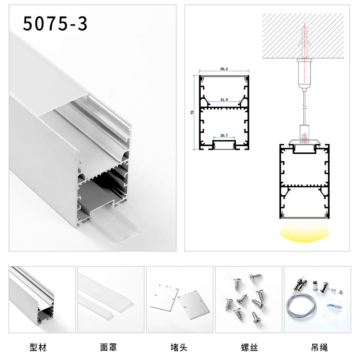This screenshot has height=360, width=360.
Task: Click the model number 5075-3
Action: [x=55, y=23]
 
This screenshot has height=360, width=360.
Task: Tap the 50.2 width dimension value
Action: [x=224, y=69]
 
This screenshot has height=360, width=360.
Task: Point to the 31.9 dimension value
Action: [x=224, y=99]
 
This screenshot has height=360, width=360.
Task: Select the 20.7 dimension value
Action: [x=224, y=135]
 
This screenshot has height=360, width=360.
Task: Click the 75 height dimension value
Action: [x=192, y=112]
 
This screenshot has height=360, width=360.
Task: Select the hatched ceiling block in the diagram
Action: [x=303, y=36]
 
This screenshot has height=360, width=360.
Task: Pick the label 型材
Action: [x=38, y=347]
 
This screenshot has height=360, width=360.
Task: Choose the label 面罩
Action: [x=108, y=347]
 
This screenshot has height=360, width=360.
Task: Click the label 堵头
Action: [x=179, y=347]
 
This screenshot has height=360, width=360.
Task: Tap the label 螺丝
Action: [x=249, y=347]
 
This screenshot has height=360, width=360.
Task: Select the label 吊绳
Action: [x=319, y=347]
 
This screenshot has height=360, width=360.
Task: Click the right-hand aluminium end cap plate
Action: [x=194, y=304]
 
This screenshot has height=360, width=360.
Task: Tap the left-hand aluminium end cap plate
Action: [x=164, y=298]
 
